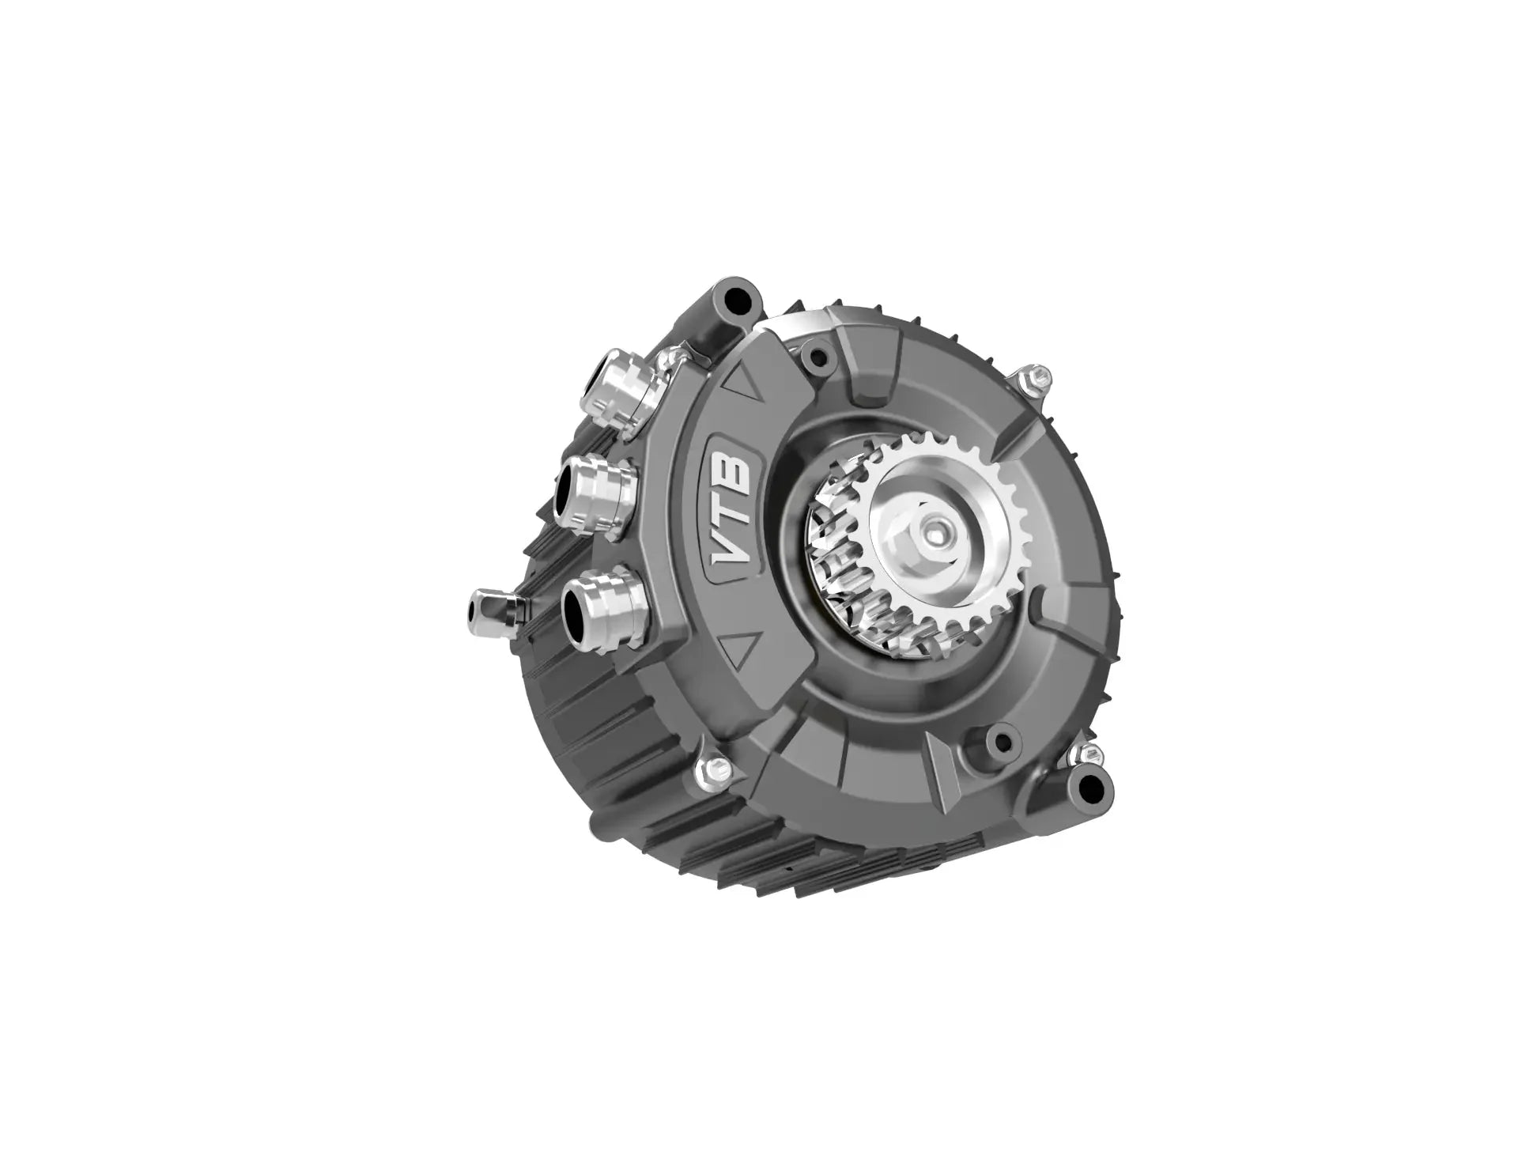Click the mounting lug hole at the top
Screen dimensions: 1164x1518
pyautogui.click(x=738, y=299)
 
